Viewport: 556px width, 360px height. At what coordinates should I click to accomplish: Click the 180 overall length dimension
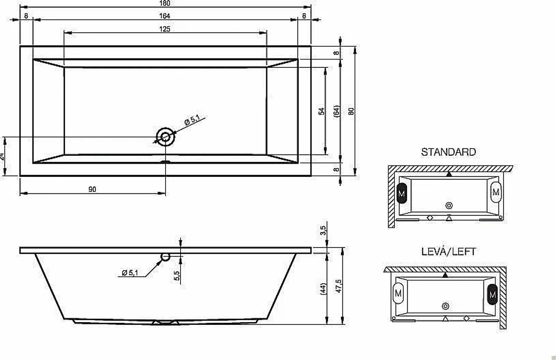pyautogui.click(x=165, y=3)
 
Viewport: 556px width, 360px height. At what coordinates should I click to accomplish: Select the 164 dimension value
pyautogui.click(x=165, y=16)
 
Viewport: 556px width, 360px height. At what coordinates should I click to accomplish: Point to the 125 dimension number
pyautogui.click(x=165, y=29)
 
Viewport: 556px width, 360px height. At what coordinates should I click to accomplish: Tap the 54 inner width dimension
pyautogui.click(x=321, y=111)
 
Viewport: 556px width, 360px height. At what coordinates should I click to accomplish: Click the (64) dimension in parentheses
pyautogui.click(x=336, y=111)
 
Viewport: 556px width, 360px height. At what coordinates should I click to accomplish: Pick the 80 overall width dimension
pyautogui.click(x=351, y=111)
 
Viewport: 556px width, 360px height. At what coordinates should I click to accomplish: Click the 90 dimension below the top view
pyautogui.click(x=92, y=189)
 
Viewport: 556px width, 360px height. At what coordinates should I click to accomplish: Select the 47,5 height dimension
pyautogui.click(x=339, y=286)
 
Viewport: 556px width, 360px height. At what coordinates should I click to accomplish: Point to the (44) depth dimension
pyautogui.click(x=322, y=289)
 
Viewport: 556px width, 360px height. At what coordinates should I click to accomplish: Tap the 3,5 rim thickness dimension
pyautogui.click(x=322, y=230)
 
